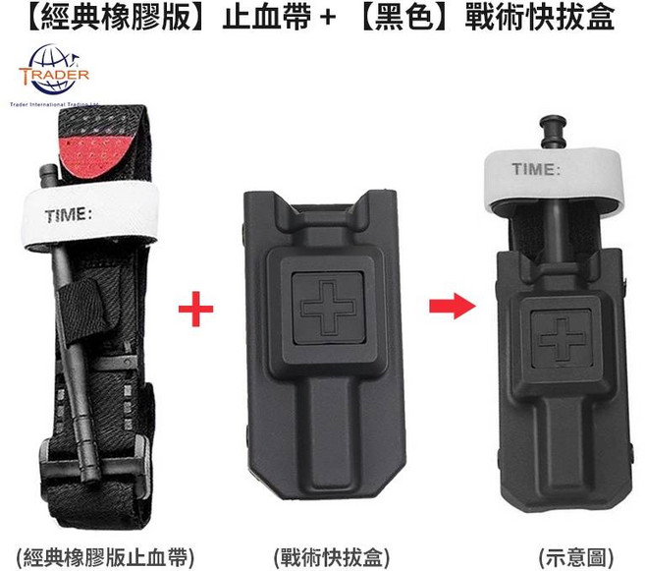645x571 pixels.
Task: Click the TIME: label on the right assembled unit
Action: [536, 169]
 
